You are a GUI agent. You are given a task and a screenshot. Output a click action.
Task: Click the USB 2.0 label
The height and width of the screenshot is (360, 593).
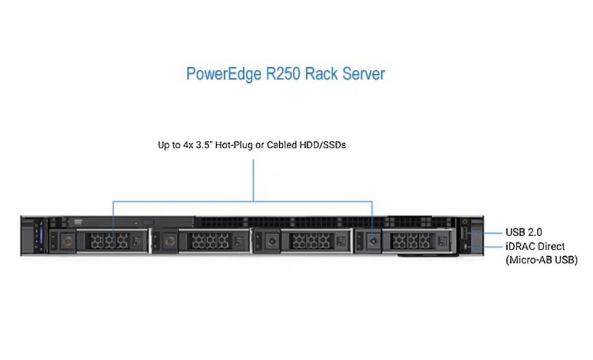523,232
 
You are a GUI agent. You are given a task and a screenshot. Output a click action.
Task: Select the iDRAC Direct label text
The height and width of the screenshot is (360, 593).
535,246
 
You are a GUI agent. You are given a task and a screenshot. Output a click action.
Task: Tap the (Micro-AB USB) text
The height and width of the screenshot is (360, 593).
541,260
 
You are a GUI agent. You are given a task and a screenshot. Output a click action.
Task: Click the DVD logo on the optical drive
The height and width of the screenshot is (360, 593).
78,221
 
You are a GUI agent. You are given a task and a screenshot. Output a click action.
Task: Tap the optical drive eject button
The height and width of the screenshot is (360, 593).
147,222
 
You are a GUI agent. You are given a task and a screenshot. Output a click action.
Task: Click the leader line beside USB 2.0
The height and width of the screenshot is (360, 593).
488,233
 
